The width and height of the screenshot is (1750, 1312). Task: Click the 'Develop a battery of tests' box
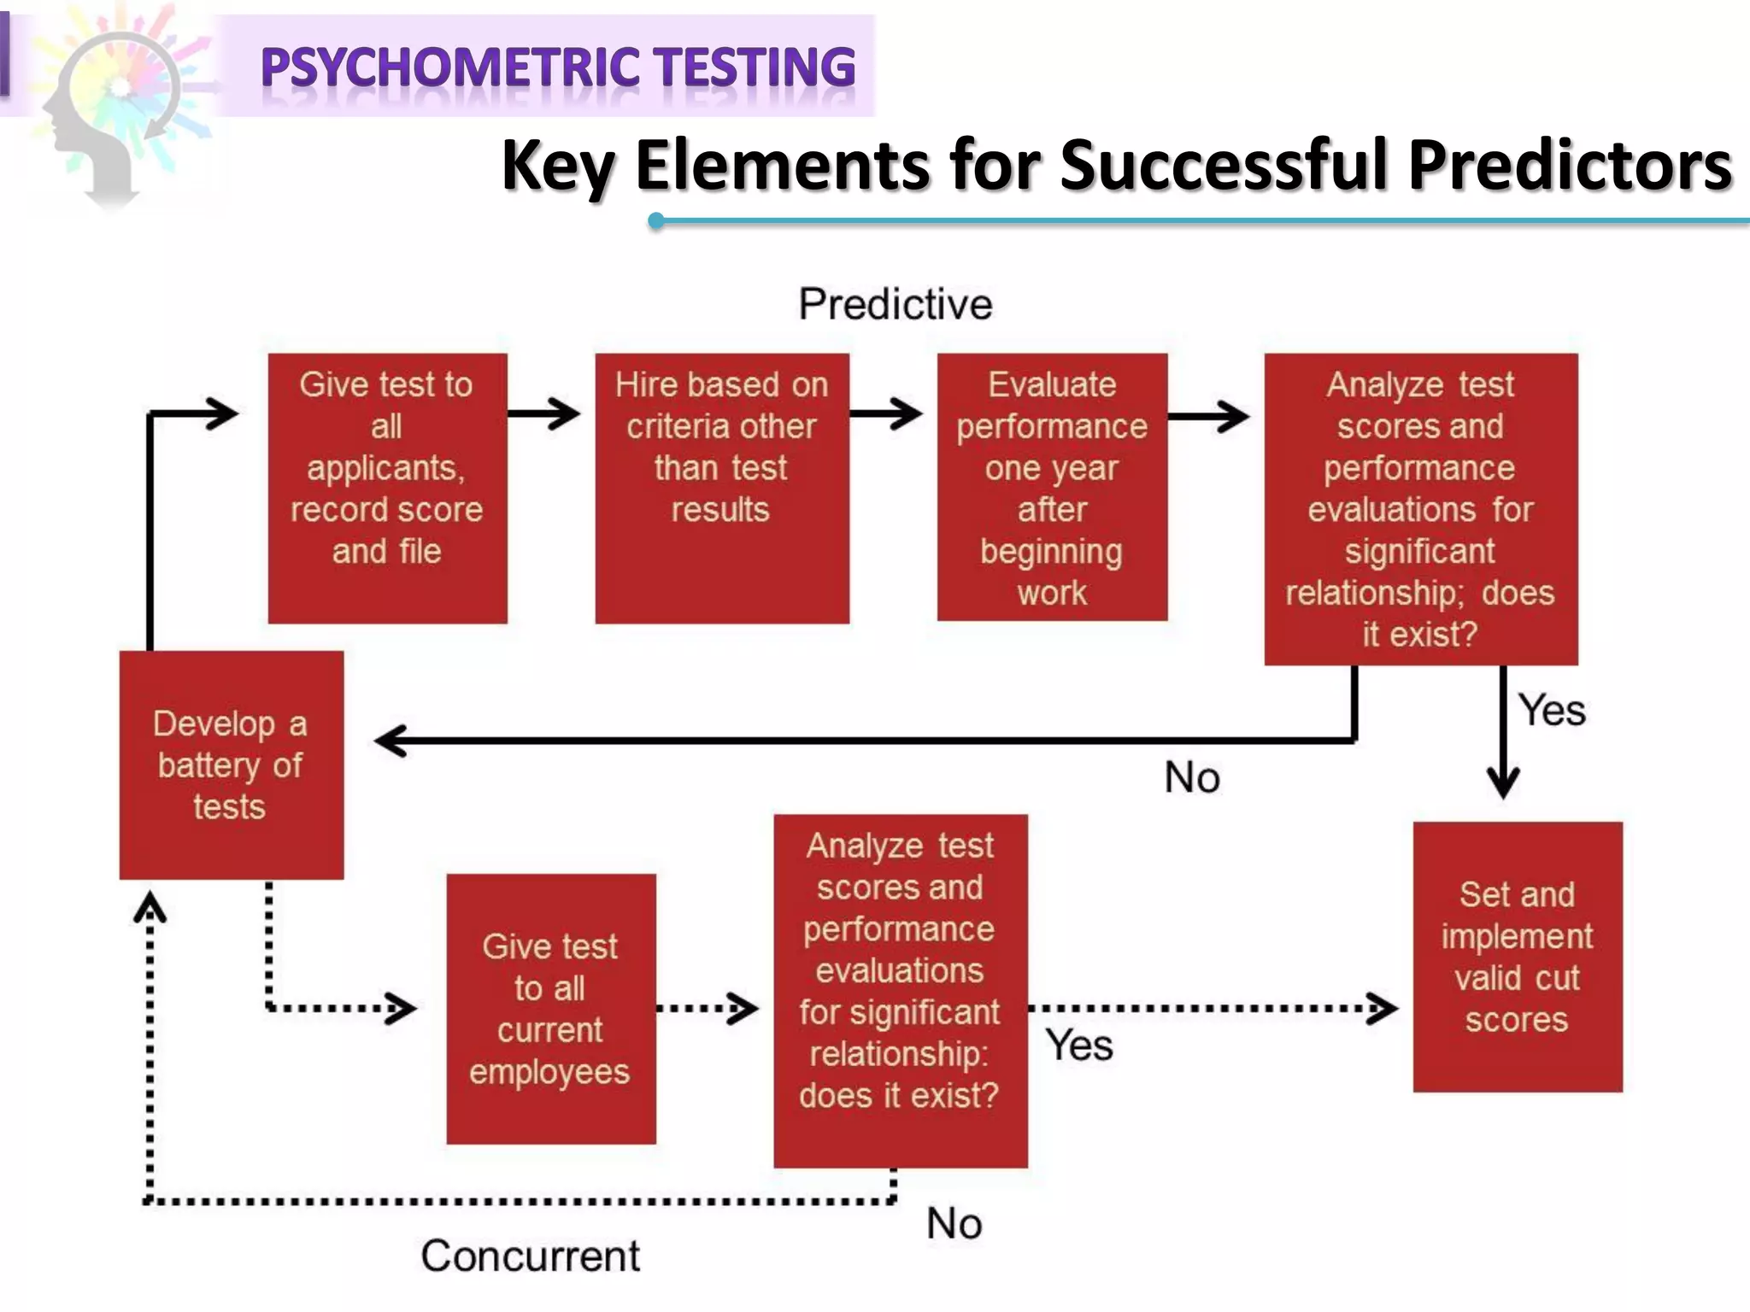point(231,764)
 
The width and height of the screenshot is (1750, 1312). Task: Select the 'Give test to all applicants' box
point(387,488)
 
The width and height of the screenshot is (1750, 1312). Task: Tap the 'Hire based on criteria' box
point(722,488)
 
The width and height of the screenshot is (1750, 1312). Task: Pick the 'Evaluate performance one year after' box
point(1052,487)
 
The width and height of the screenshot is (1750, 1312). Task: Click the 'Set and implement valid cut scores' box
point(1517,957)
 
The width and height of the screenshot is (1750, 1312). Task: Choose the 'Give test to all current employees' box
point(550,1009)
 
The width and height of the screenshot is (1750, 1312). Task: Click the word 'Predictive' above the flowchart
point(896,304)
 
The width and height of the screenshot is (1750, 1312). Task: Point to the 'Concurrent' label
point(530,1256)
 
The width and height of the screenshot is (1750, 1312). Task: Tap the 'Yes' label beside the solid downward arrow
point(1551,710)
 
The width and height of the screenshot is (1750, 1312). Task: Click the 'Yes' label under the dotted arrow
point(1078,1045)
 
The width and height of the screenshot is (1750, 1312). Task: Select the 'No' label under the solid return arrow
point(1192,777)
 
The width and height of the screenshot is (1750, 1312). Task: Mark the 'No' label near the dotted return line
point(954,1223)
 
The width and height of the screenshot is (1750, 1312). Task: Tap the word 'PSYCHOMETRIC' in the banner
point(450,67)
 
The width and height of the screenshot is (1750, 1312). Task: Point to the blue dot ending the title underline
point(656,221)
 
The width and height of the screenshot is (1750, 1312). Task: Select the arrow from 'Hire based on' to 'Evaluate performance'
point(886,414)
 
